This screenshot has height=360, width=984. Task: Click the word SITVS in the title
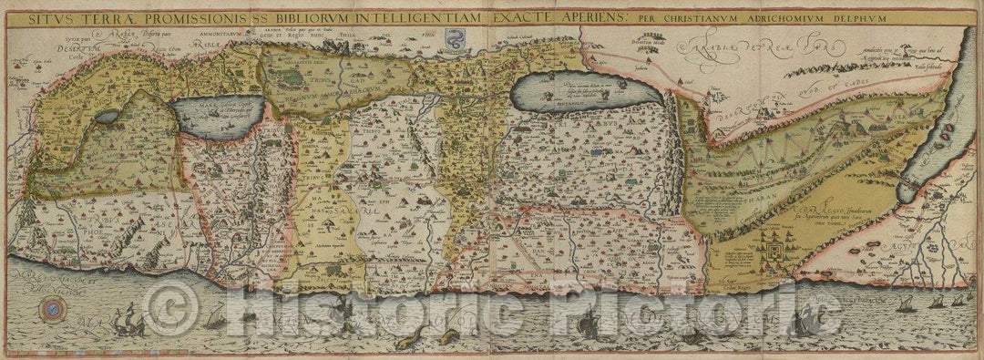coord(50,16)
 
